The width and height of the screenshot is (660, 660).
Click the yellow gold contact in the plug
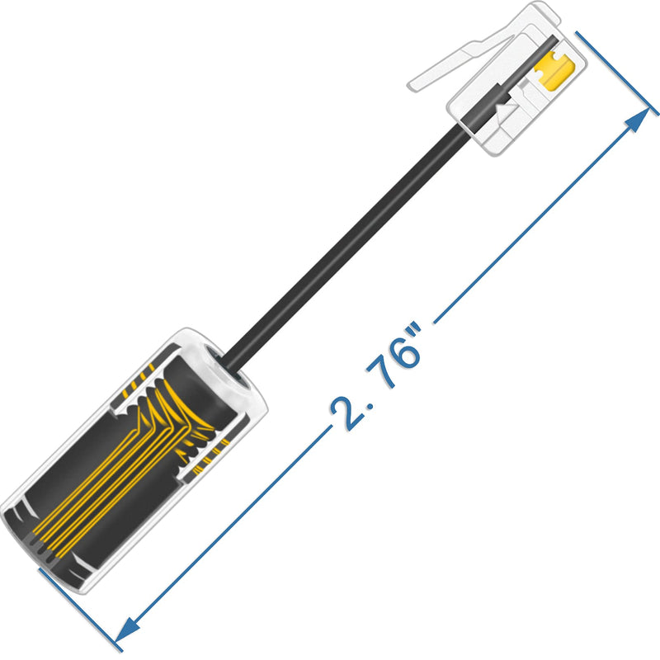click(554, 69)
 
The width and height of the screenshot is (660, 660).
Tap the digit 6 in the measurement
click(403, 351)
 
